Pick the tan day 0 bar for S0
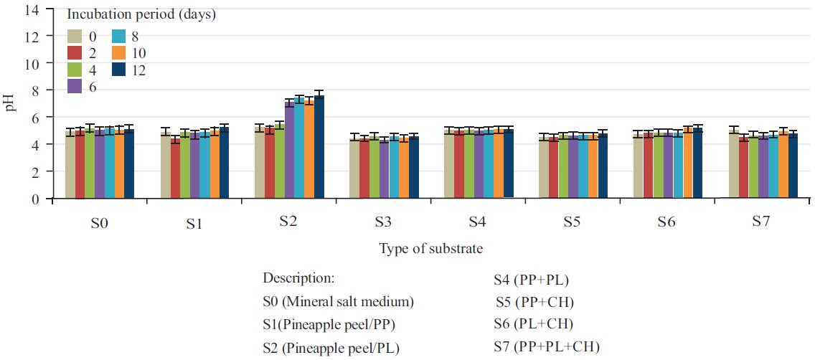pyautogui.click(x=70, y=165)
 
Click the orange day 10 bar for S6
pyautogui.click(x=688, y=164)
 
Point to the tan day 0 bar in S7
pyautogui.click(x=733, y=164)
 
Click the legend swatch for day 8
pyautogui.click(x=119, y=37)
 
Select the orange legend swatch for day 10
pyautogui.click(x=119, y=53)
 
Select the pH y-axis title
pyautogui.click(x=11, y=104)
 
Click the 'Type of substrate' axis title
pyautogui.click(x=430, y=249)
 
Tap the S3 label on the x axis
pyautogui.click(x=382, y=222)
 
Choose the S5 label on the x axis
pyautogui.click(x=572, y=222)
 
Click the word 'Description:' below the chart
pyautogui.click(x=299, y=278)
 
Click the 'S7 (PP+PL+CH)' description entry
pyautogui.click(x=547, y=347)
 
